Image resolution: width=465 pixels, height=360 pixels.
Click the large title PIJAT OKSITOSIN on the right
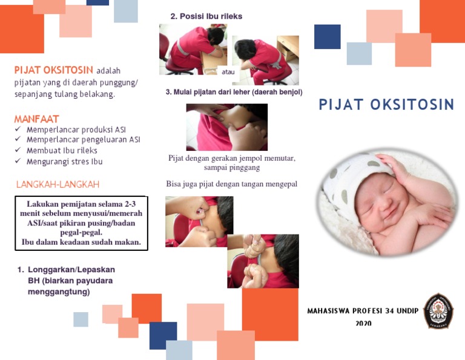pos(386,105)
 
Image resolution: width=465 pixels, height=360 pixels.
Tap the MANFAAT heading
pos(37,119)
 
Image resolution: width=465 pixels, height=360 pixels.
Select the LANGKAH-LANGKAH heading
pos(58,184)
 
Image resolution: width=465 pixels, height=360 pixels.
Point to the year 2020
pos(363,324)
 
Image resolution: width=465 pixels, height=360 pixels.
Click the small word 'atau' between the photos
pos(229,72)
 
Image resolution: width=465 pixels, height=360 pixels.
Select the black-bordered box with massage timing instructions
pos(81,223)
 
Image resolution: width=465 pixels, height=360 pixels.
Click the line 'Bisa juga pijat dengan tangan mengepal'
pos(232,184)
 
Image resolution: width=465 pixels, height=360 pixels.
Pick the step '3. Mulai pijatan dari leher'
pos(234,92)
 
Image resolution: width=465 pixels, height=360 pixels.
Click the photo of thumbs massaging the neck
pos(226,127)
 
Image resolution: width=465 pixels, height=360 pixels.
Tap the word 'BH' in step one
pos(33,281)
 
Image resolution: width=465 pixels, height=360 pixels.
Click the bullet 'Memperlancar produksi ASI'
pos(76,130)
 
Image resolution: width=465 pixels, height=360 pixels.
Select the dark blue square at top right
pos(327,36)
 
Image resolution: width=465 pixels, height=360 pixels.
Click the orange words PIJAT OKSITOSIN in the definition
pos(54,70)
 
